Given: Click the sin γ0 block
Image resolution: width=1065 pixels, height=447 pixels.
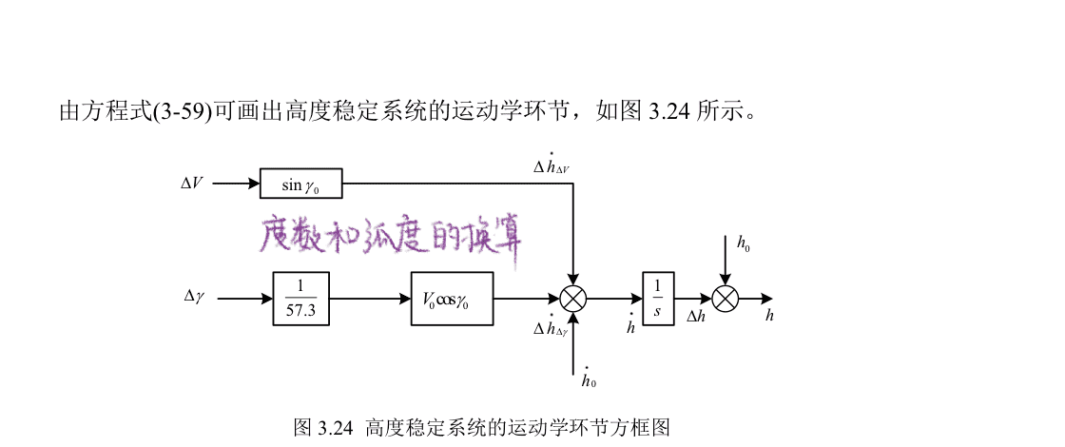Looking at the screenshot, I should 300,183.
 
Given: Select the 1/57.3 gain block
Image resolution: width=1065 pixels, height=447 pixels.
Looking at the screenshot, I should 300,299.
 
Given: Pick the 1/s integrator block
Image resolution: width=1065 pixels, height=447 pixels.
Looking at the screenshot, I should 657,299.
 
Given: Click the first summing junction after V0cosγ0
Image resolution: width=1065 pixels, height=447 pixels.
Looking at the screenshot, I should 572,299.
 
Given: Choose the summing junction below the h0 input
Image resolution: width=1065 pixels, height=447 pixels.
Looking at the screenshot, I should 726,299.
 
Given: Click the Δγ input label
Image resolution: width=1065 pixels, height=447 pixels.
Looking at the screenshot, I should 194,297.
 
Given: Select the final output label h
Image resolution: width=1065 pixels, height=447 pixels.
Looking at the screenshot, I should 770,316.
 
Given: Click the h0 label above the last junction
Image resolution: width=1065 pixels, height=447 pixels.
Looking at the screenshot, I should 744,243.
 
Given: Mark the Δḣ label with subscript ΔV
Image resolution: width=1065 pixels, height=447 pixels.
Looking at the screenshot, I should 551,165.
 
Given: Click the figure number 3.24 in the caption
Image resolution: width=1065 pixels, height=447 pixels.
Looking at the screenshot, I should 332,427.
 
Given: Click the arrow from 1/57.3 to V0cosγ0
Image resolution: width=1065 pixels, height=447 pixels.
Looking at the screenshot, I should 370,299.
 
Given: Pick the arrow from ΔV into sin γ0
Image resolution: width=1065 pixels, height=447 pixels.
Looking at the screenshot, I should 236,183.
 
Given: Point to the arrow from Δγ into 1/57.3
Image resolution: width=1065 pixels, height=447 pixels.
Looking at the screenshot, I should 244,299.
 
